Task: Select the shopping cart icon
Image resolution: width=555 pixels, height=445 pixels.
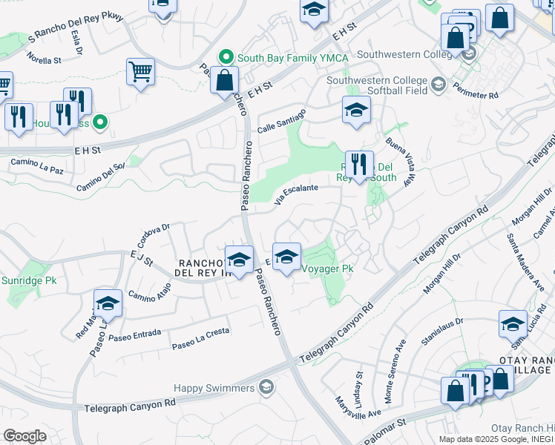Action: point(140,73)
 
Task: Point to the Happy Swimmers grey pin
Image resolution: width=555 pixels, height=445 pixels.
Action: point(266,387)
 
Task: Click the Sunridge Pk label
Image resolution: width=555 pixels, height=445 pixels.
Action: point(29,281)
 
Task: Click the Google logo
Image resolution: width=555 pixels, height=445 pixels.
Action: point(24,435)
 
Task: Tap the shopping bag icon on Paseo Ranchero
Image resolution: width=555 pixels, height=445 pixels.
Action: point(224,80)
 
